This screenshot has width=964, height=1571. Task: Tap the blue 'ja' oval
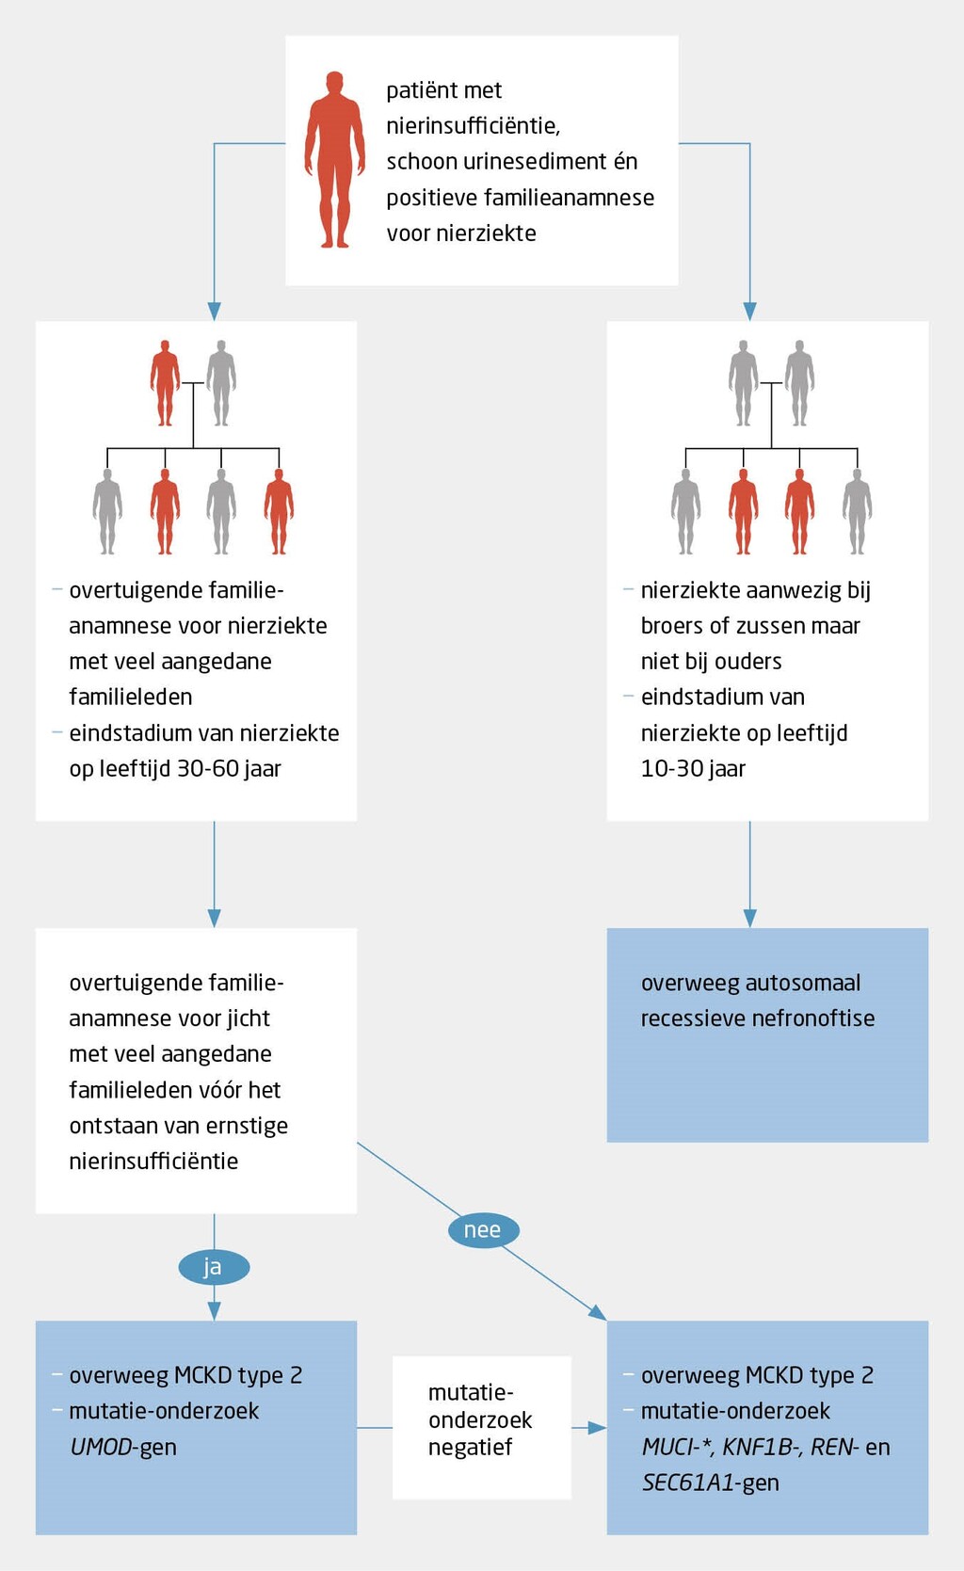tap(214, 1267)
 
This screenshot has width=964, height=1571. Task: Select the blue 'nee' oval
tap(483, 1230)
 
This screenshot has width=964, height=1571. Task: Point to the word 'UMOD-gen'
tap(123, 1448)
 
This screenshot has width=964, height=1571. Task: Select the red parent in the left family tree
tap(165, 382)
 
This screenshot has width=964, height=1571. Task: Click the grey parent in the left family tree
tap(221, 382)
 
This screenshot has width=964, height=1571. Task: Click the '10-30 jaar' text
tap(693, 769)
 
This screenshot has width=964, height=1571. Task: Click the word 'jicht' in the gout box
tap(248, 1018)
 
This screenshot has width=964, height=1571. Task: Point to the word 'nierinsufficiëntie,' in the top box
tap(473, 126)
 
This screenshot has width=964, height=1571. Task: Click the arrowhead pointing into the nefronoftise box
tap(749, 918)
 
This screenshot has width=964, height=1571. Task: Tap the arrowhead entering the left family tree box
tap(214, 312)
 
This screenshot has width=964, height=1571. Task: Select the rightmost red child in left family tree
tap(279, 511)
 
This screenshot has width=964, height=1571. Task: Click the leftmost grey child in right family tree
tap(685, 511)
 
